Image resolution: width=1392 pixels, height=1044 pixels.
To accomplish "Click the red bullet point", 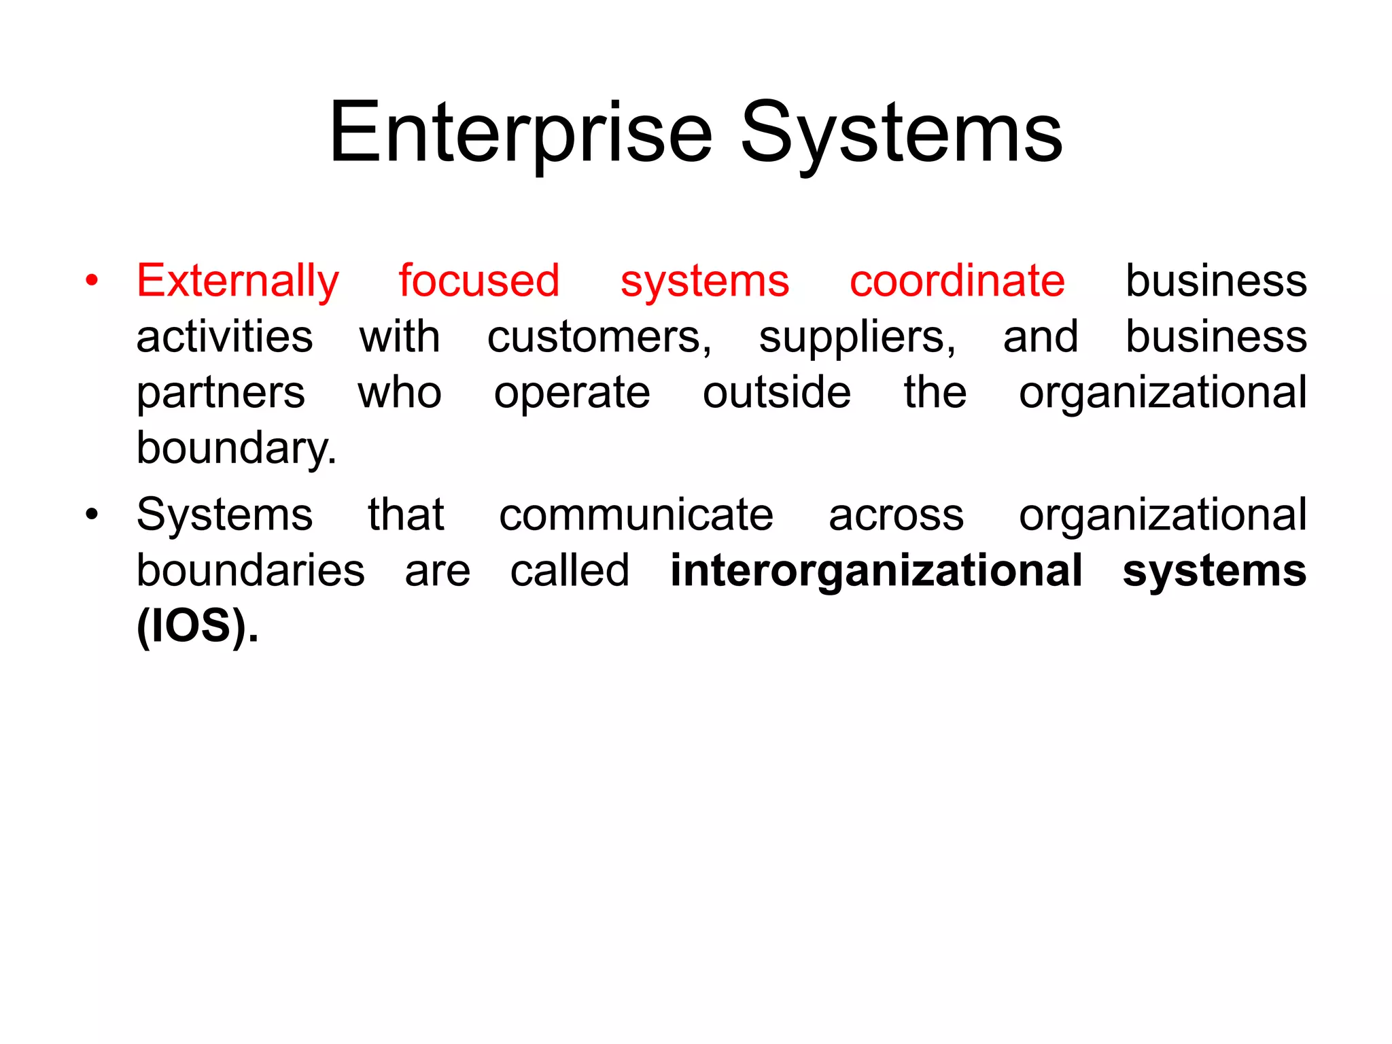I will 92,280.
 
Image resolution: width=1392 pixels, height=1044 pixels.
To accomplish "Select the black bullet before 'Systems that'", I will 92,514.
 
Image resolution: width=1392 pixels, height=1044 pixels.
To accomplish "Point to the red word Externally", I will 238,281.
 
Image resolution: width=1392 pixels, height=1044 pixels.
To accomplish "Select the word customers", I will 599,338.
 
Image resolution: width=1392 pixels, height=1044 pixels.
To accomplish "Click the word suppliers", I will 857,338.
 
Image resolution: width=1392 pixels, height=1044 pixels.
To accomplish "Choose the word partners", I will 221,394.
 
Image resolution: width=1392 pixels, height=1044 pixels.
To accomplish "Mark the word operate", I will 572,394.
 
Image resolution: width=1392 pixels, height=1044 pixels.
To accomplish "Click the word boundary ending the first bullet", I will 236,449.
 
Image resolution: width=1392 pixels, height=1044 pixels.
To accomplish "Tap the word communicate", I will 636,515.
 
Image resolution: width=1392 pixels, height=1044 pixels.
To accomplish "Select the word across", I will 896,516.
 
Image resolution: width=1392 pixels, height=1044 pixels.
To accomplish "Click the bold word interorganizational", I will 876,571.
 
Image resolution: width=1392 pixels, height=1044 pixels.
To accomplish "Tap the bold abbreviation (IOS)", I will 197,626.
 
